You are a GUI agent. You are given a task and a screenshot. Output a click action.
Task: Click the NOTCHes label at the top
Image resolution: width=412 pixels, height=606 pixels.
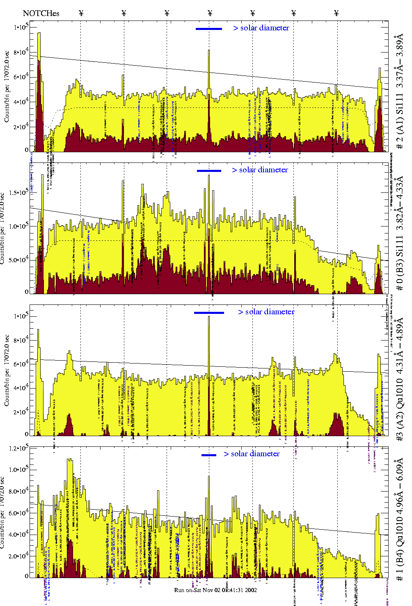coord(41,13)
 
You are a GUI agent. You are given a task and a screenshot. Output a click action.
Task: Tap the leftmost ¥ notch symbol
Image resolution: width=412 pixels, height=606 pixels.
coord(81,13)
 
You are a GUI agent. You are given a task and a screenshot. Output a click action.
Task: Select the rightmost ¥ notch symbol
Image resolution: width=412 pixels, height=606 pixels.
coord(336,13)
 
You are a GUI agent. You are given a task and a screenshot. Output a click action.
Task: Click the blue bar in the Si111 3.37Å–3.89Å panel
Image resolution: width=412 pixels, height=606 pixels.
coord(209,29)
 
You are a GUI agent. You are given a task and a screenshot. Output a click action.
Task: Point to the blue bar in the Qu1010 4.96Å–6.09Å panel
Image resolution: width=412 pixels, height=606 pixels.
coord(209,455)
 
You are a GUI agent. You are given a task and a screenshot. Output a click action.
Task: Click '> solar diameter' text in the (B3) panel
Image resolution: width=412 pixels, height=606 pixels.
coord(260,170)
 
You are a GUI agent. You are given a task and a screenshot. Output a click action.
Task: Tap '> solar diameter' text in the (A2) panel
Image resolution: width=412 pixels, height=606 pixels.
coord(266,312)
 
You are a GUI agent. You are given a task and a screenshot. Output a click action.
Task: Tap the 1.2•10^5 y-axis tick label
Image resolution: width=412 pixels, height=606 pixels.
coord(18,448)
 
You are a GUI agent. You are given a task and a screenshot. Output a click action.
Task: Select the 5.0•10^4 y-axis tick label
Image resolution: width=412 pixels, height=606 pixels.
coord(18,260)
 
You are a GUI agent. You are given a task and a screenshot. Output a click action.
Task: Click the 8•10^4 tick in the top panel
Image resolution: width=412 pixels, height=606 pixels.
coord(21,53)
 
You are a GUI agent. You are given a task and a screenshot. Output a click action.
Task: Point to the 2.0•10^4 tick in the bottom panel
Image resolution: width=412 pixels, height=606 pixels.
coord(18,556)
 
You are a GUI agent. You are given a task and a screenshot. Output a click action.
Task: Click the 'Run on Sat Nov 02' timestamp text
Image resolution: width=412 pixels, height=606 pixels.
coord(215,590)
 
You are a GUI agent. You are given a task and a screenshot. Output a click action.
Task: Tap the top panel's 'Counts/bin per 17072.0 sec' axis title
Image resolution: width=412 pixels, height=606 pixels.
coord(7,86)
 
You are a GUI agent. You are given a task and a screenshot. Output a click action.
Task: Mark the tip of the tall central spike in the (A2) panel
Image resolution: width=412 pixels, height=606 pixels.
coord(209,317)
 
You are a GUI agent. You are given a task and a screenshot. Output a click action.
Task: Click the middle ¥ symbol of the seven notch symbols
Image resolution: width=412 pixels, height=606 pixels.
coord(210,13)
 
